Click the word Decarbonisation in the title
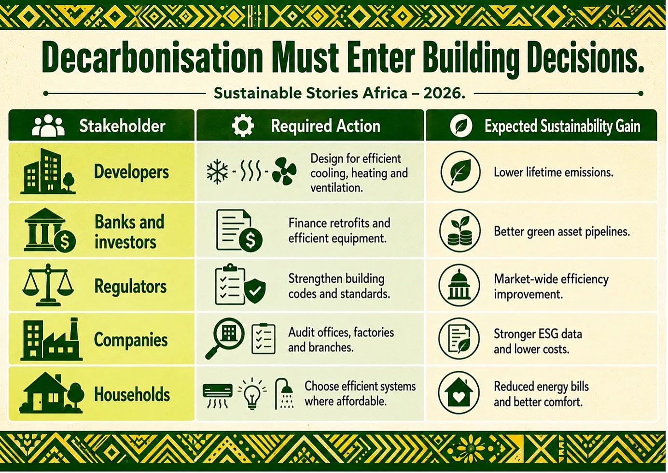(153, 57)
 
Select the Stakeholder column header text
(122, 126)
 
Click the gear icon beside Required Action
(243, 125)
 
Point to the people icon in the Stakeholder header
(48, 125)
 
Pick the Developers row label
(131, 172)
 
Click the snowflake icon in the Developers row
(217, 171)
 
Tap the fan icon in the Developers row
(284, 171)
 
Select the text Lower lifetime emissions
(554, 172)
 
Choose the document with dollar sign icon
(239, 230)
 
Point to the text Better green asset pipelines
(562, 231)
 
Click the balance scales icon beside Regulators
(48, 285)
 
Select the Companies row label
(131, 340)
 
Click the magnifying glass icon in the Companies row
(224, 337)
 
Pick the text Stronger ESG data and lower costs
(538, 342)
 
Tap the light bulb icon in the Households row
(252, 394)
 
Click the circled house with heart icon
(459, 393)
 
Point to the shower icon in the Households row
(284, 394)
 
